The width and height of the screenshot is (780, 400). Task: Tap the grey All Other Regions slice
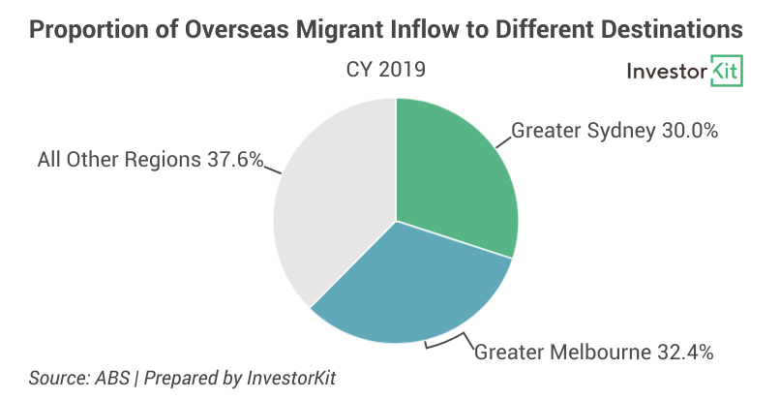(x=329, y=213)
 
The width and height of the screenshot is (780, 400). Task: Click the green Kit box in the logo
(x=726, y=72)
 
